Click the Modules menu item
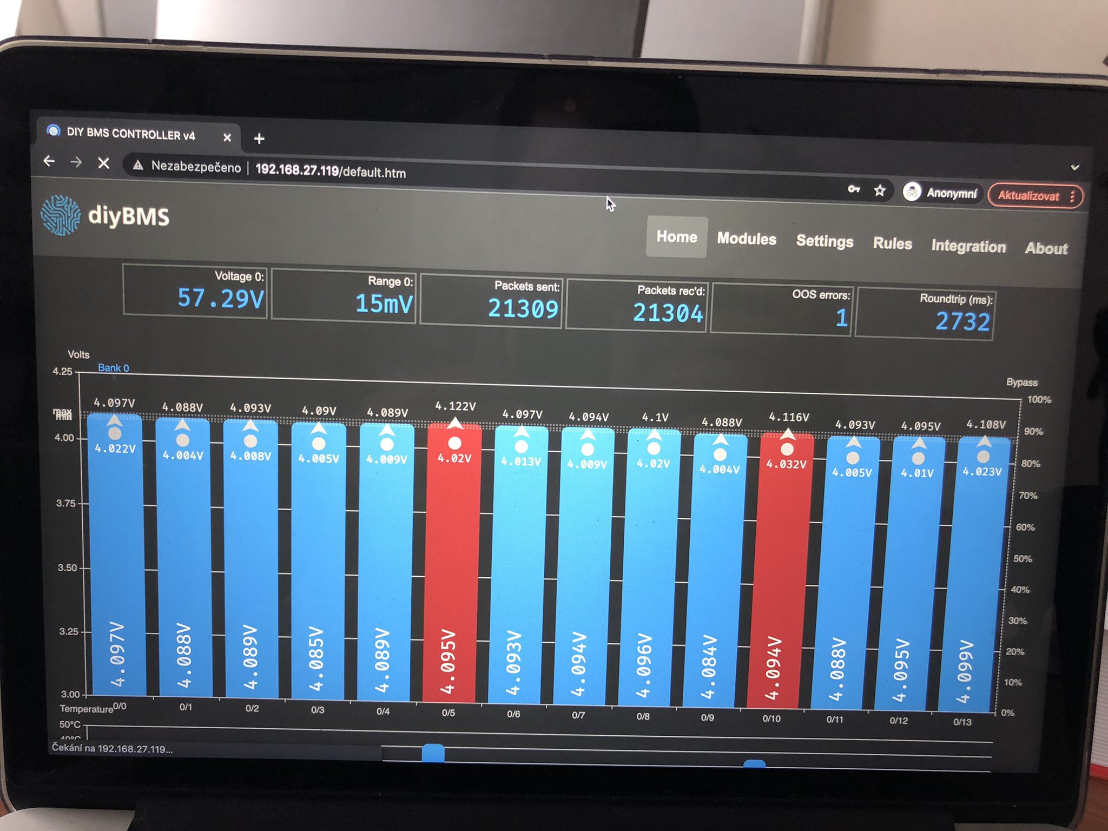[x=746, y=239]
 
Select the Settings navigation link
[x=825, y=241]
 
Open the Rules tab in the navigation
[x=892, y=244]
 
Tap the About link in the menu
[x=1046, y=248]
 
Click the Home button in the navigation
[x=676, y=237]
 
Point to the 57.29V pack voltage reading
[x=221, y=298]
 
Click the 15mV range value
[x=384, y=304]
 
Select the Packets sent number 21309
[x=523, y=308]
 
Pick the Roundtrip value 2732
[x=962, y=322]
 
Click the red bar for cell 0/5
[x=451, y=568]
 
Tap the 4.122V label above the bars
[x=456, y=406]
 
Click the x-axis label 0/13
[x=962, y=722]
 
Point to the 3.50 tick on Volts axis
[x=67, y=568]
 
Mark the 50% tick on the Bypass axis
[x=1022, y=558]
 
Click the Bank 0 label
[x=113, y=368]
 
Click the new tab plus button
[x=259, y=139]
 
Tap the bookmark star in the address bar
[x=880, y=190]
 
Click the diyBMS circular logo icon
[x=61, y=215]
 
